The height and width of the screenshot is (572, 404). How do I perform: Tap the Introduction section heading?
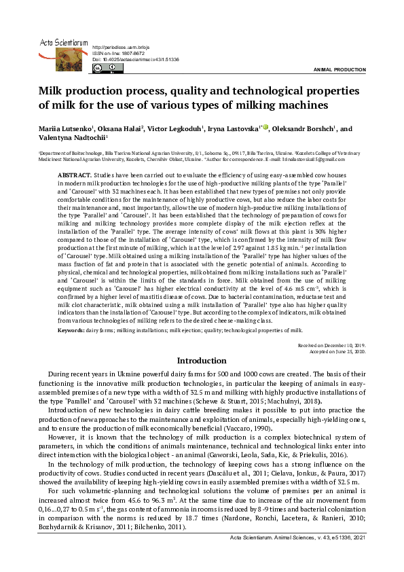pos(202,361)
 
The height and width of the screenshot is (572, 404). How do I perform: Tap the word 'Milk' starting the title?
pos(53,92)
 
